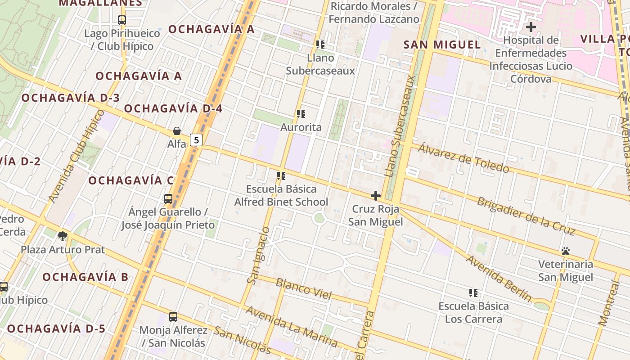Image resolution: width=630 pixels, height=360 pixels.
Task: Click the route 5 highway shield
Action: click(196, 140)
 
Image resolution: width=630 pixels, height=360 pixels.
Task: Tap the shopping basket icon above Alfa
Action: click(177, 131)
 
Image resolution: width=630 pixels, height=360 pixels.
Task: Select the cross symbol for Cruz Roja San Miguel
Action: click(375, 196)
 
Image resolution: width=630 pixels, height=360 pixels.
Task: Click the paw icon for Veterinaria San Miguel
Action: click(566, 251)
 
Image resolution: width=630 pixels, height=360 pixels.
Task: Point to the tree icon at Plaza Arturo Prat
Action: click(63, 236)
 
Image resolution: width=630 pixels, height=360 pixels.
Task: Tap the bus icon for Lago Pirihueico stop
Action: click(122, 20)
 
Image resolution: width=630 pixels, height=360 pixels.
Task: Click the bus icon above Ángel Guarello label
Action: click(168, 198)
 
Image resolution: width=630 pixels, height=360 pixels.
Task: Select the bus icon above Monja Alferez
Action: click(173, 317)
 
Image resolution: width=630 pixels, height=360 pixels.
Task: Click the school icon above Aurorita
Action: click(301, 114)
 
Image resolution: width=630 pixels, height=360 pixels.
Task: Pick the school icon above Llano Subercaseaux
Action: click(320, 44)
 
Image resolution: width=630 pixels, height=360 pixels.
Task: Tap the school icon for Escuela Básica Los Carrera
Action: click(473, 293)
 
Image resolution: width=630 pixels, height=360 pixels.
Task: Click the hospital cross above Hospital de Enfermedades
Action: click(531, 27)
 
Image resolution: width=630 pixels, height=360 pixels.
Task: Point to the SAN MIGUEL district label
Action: click(442, 45)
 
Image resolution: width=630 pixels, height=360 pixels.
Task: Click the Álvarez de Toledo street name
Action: click(463, 158)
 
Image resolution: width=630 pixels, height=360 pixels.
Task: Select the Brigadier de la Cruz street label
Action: click(526, 216)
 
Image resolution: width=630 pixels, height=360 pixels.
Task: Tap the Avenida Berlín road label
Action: click(498, 278)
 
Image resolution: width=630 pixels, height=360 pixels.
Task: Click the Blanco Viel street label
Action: click(303, 289)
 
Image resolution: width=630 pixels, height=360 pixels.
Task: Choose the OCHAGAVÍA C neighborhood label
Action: click(131, 181)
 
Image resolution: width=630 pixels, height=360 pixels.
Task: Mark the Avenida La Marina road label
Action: click(291, 326)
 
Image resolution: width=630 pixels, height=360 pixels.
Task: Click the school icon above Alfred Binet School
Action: click(281, 176)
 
